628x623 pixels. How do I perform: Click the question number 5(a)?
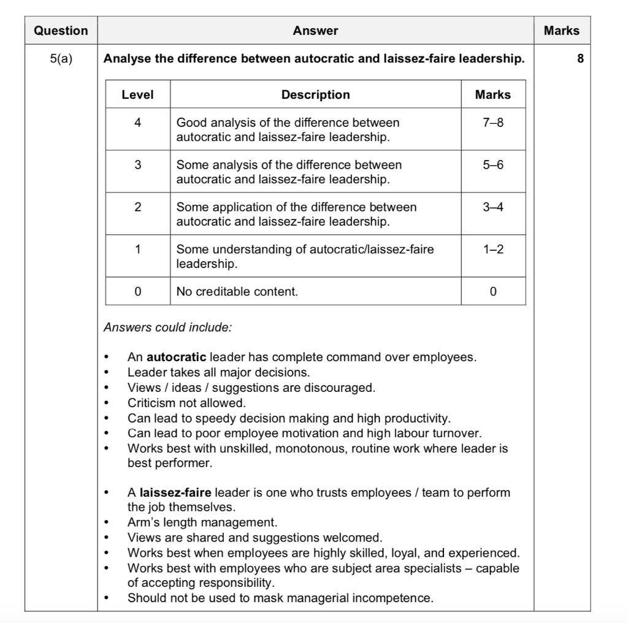(x=61, y=59)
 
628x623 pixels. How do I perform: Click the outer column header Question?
(x=61, y=31)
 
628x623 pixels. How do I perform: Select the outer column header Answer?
(x=315, y=31)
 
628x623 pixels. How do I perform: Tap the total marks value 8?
(x=580, y=59)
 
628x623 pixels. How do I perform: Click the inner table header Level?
(x=137, y=95)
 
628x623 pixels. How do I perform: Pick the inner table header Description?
(x=315, y=95)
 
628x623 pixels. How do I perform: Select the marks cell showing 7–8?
(x=492, y=123)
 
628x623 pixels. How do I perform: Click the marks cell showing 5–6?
(x=492, y=165)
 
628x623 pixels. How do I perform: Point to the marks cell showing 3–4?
(x=492, y=207)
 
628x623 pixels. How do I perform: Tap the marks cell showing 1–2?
(x=492, y=250)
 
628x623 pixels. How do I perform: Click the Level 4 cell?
(x=137, y=123)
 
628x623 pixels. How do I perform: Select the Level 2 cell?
(x=137, y=207)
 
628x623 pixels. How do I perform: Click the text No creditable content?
(x=237, y=292)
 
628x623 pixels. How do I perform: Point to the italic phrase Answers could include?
(x=167, y=327)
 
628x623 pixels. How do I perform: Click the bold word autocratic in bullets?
(x=177, y=357)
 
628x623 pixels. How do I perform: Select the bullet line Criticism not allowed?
(x=186, y=403)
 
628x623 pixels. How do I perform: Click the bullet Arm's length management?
(x=202, y=522)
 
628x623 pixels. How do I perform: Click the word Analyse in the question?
(x=126, y=59)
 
